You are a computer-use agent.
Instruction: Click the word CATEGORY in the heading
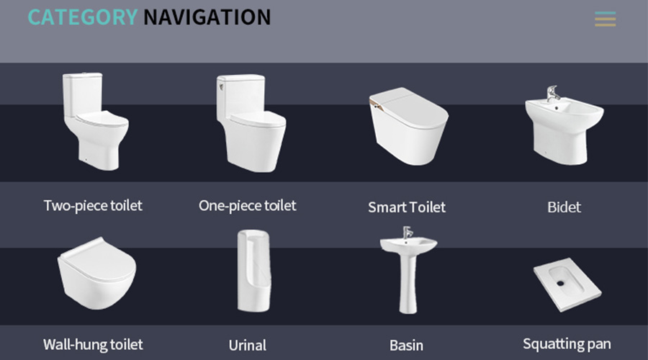click(x=83, y=17)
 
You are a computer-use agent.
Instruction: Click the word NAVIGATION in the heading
click(x=207, y=17)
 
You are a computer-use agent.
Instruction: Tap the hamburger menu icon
click(x=605, y=19)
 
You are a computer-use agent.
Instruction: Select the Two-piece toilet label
click(x=93, y=206)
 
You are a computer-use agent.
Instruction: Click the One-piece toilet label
click(x=248, y=206)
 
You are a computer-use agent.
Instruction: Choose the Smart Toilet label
click(x=407, y=207)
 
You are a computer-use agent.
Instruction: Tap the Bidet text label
click(x=564, y=207)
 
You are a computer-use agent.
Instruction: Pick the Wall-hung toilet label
click(x=93, y=345)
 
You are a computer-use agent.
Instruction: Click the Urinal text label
click(x=248, y=346)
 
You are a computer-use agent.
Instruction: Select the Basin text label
click(x=406, y=346)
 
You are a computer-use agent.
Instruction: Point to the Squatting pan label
click(x=567, y=344)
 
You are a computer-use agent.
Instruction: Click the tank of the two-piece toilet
click(x=83, y=93)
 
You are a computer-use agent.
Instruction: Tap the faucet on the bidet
click(x=552, y=94)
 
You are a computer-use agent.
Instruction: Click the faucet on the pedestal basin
click(x=407, y=232)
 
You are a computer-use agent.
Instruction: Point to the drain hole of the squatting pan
click(x=560, y=283)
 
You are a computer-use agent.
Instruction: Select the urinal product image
click(x=253, y=271)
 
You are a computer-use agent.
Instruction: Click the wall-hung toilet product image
click(x=96, y=274)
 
